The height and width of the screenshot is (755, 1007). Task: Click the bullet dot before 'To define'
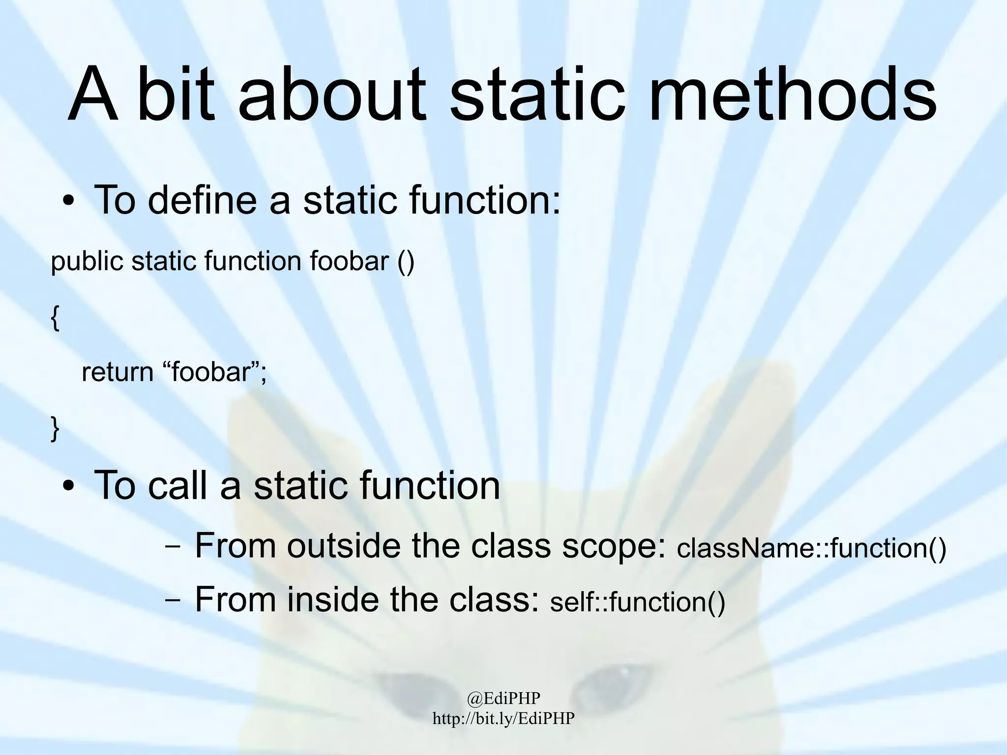tap(68, 202)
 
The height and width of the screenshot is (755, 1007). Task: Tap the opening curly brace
tap(55, 319)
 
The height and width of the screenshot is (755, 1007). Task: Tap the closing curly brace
tap(55, 428)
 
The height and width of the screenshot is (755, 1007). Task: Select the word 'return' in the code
tap(118, 372)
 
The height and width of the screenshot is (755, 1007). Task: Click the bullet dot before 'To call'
tap(68, 487)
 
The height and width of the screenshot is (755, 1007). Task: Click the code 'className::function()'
tap(811, 548)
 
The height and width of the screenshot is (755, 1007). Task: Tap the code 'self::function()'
tap(637, 603)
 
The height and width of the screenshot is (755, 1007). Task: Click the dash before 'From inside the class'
tap(172, 601)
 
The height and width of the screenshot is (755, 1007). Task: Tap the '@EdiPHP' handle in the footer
tap(503, 697)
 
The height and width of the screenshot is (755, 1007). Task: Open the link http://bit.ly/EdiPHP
tap(503, 718)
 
